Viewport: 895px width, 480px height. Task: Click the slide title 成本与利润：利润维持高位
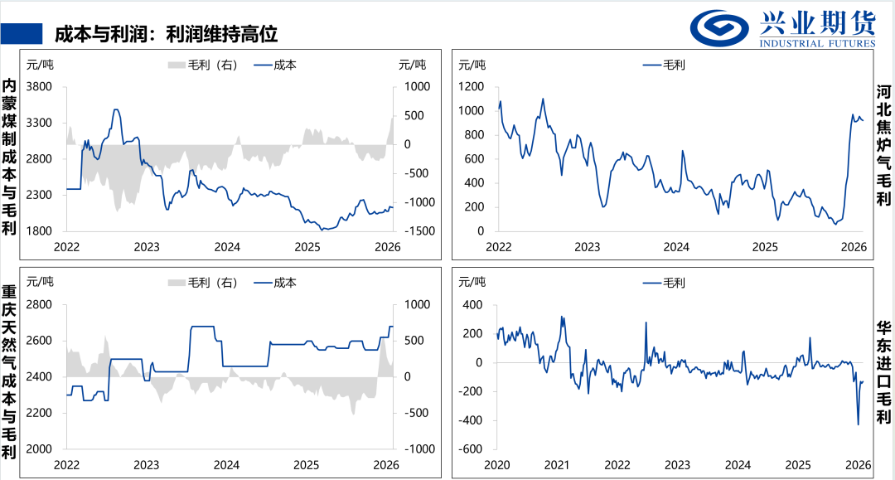[166, 34]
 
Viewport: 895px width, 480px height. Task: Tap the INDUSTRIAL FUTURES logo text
[817, 43]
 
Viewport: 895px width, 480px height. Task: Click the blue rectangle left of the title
[22, 34]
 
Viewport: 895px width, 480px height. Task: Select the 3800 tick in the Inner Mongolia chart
[40, 87]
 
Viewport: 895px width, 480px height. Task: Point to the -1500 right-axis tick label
[418, 231]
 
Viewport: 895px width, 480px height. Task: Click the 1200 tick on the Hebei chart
[472, 87]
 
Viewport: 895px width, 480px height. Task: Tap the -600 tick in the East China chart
[471, 449]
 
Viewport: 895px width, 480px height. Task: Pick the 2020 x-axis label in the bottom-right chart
[497, 465]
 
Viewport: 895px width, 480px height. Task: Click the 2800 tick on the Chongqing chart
[40, 305]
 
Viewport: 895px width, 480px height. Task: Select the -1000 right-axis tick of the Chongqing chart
[418, 449]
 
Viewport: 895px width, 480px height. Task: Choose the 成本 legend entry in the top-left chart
[275, 65]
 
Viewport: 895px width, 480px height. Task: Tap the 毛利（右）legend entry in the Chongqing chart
[203, 283]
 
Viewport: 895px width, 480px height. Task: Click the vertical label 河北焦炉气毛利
[883, 146]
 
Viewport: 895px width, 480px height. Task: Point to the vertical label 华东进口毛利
[883, 373]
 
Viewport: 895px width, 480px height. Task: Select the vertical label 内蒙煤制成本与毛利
[9, 157]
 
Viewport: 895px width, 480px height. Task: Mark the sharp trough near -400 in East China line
[858, 424]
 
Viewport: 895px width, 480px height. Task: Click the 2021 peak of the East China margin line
[562, 318]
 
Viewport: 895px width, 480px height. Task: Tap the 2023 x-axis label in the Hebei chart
[588, 247]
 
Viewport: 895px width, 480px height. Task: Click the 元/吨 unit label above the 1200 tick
[472, 65]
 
